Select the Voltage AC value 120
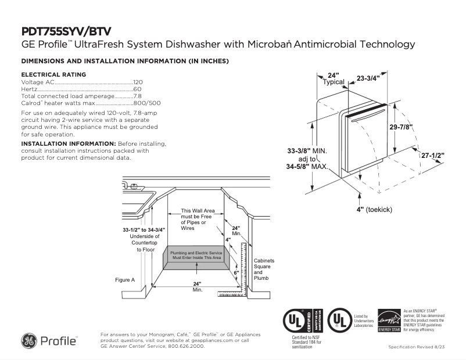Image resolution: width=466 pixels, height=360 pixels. [138, 82]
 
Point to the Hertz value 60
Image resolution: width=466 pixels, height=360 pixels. [138, 89]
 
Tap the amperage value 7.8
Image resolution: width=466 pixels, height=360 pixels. [138, 96]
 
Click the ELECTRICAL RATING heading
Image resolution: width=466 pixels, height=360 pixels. [53, 74]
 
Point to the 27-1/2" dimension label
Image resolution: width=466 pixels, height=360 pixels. [433, 156]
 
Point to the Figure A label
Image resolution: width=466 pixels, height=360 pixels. [125, 280]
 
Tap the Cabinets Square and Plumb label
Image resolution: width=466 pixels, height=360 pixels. [264, 270]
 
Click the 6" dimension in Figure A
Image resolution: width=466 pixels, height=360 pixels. [236, 272]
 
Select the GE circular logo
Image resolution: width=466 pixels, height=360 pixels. [29, 341]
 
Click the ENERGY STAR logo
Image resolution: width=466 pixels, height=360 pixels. [389, 321]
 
